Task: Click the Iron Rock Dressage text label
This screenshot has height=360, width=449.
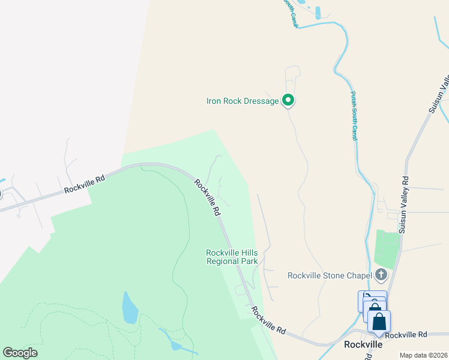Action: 243,101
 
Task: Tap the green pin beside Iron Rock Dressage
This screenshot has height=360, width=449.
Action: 288,100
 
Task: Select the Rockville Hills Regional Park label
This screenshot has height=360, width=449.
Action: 232,257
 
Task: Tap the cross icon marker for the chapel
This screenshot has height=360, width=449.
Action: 380,275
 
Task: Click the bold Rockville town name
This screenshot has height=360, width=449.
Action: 363,345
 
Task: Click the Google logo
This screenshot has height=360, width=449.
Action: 20,353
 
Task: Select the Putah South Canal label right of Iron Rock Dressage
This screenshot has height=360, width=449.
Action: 354,116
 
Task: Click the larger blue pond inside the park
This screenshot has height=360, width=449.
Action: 130,308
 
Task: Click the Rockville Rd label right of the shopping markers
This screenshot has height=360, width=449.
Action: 406,334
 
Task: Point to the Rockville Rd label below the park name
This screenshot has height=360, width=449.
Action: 268,320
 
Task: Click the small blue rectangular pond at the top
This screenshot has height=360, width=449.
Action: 318,12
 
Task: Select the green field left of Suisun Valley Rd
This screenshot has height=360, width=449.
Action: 387,249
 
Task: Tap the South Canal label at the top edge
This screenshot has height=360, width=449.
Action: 291,13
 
